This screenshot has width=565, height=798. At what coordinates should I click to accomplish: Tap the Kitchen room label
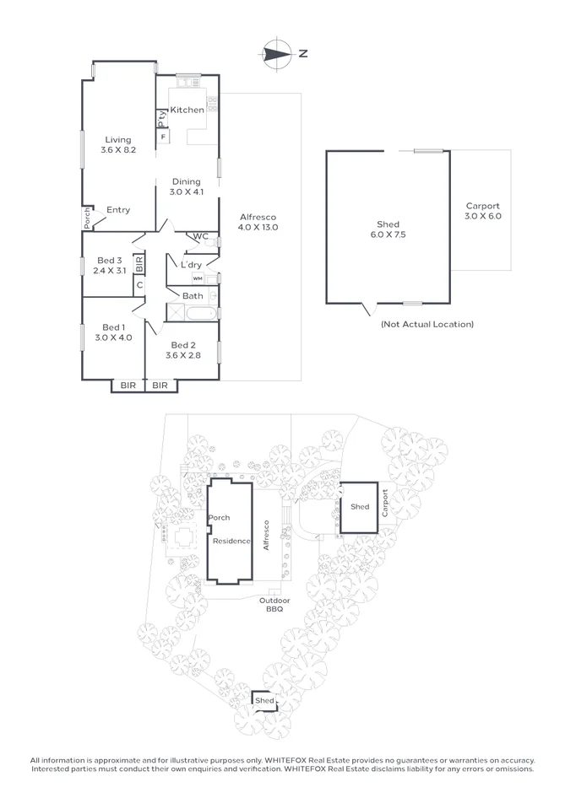point(187,111)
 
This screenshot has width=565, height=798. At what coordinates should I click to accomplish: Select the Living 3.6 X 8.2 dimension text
point(118,145)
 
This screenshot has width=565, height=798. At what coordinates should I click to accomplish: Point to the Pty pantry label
point(160,118)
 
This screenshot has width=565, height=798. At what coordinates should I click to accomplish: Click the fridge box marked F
point(163,136)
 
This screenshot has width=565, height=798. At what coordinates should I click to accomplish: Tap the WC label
point(200,237)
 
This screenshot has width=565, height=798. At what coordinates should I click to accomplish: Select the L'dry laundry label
point(191,265)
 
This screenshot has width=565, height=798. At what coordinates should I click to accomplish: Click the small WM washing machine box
point(198,278)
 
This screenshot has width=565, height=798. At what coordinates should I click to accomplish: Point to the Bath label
point(193,296)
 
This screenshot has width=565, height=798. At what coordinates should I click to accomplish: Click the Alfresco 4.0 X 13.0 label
point(258,222)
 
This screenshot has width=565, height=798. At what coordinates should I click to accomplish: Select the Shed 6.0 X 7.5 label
point(388,229)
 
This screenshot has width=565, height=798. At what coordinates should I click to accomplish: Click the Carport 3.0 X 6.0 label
point(483,211)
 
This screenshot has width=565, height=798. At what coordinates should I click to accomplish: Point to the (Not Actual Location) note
point(427,324)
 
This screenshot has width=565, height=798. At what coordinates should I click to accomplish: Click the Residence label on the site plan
point(231,541)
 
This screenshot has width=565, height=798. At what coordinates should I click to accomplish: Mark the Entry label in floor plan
point(118,210)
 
